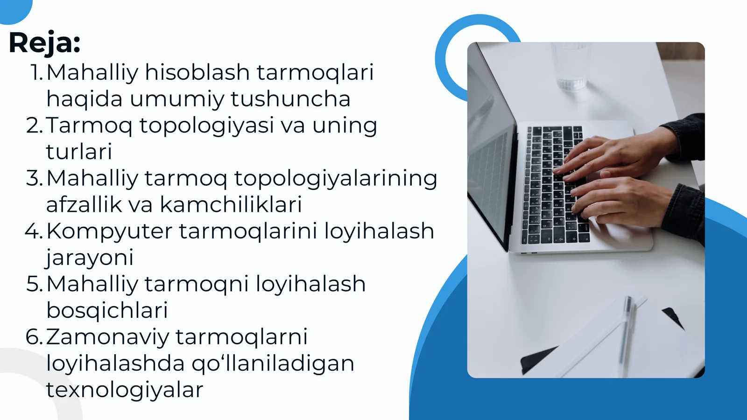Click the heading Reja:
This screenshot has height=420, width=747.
44,43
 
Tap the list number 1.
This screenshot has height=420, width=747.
36,72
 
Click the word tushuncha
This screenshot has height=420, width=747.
290,99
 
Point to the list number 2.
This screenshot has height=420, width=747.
35,126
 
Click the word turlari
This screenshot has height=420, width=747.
79,152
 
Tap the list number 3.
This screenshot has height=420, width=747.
35,178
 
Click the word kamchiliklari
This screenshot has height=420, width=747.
231,204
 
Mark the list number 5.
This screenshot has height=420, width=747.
35,284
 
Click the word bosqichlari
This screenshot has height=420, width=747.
107,310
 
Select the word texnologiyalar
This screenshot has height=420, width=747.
124,390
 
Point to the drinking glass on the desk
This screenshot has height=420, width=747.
571,65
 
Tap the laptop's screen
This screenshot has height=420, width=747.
488,149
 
